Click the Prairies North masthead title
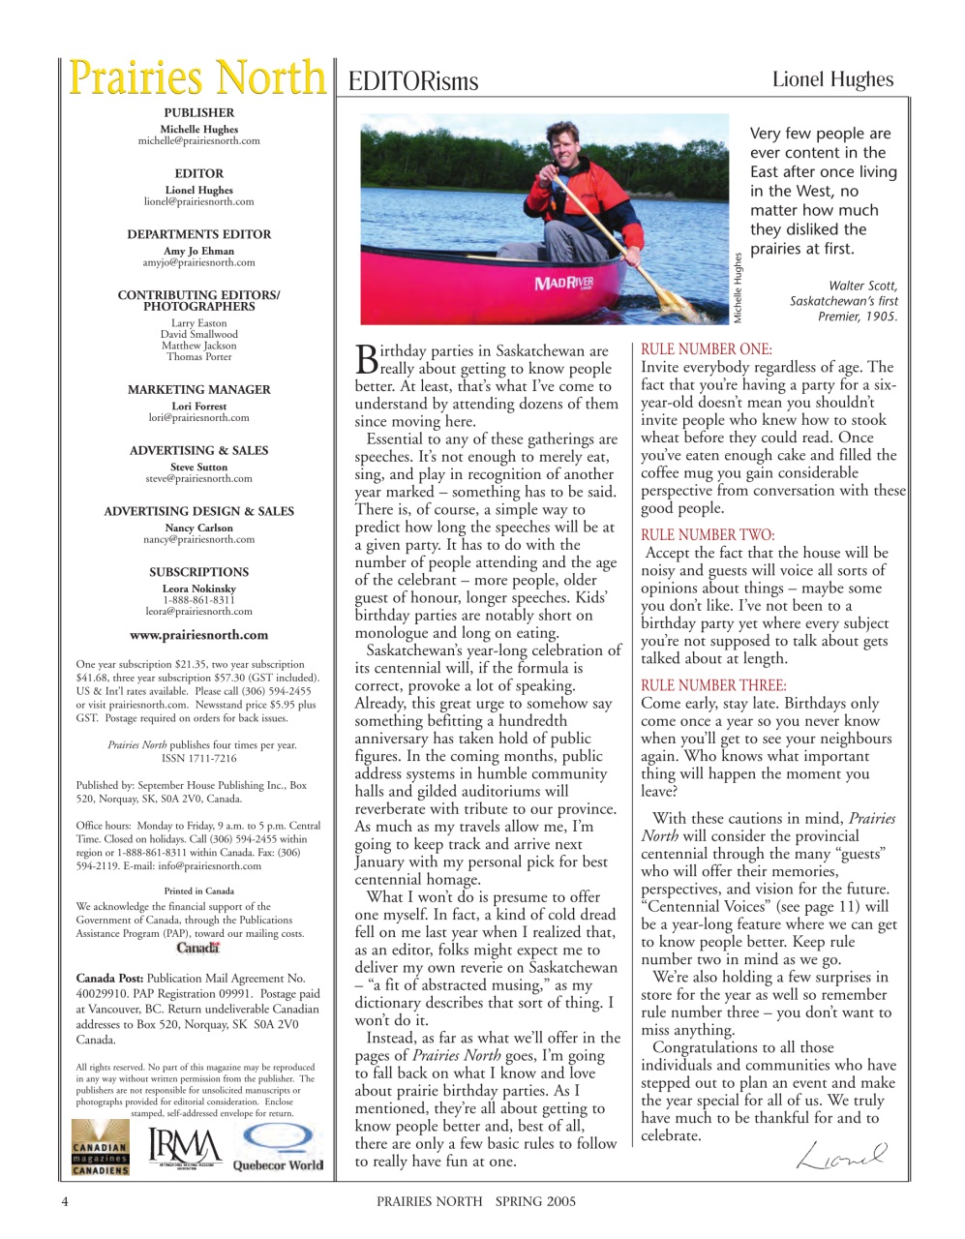[x=197, y=77]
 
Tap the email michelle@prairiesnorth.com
[x=198, y=141]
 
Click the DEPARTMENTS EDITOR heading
[x=198, y=234]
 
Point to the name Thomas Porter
[x=198, y=357]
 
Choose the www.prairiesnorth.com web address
[x=198, y=635]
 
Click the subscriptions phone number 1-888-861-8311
[x=198, y=600]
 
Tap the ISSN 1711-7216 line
[x=198, y=759]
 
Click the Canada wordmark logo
[x=198, y=949]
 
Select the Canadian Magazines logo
[x=101, y=1148]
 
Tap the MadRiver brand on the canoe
[x=564, y=284]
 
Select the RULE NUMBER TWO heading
[x=708, y=534]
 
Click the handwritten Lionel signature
[x=841, y=1155]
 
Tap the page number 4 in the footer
[x=65, y=1201]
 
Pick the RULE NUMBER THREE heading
[x=713, y=685]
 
